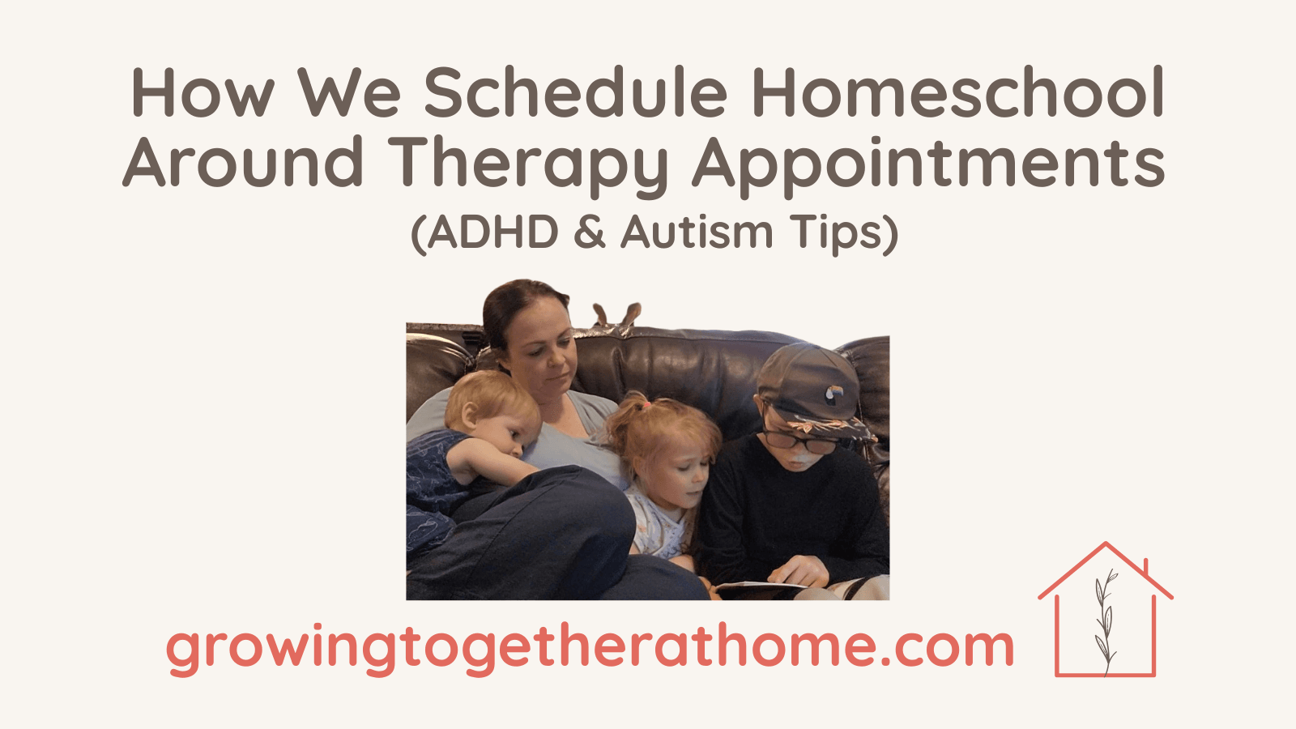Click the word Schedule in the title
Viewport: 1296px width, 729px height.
point(575,94)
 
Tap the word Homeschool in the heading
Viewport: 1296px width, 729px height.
point(958,94)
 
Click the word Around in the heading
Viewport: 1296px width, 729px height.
point(243,162)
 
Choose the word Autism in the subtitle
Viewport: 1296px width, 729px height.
point(697,232)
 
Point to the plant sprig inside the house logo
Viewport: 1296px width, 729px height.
point(1104,622)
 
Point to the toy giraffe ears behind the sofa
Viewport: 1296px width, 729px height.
point(617,313)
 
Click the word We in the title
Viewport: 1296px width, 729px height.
point(349,94)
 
